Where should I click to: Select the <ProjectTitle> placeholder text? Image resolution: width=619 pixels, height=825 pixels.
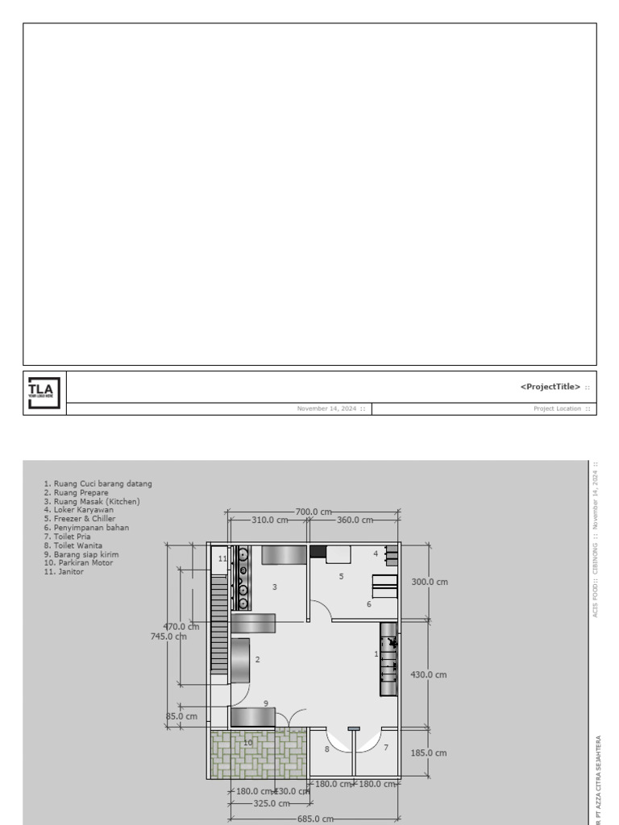point(550,387)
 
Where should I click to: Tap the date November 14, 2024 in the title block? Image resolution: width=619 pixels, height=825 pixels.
point(328,408)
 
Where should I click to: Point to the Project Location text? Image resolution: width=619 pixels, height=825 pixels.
point(557,408)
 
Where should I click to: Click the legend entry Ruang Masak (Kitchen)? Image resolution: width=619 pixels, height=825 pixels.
point(92,501)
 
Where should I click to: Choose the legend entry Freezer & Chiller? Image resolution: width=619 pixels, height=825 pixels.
point(80,519)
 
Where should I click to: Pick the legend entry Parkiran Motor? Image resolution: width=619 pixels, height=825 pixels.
point(79,563)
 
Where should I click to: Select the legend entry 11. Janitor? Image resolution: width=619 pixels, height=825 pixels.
point(64,572)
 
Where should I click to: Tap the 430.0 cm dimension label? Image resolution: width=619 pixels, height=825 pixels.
point(429,675)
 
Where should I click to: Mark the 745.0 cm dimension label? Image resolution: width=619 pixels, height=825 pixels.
point(168,636)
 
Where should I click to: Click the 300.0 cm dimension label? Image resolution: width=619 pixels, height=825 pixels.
point(430,582)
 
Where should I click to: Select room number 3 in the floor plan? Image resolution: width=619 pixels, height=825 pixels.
point(275,587)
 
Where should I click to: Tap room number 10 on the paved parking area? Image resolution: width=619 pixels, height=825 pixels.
point(248,743)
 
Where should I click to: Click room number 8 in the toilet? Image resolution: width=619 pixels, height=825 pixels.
point(326,749)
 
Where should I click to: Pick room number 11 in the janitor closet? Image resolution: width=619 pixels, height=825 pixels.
point(223,558)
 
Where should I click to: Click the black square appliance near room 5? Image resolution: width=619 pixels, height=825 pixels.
point(318,552)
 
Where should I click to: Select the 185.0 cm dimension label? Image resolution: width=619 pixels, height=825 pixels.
point(429,753)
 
